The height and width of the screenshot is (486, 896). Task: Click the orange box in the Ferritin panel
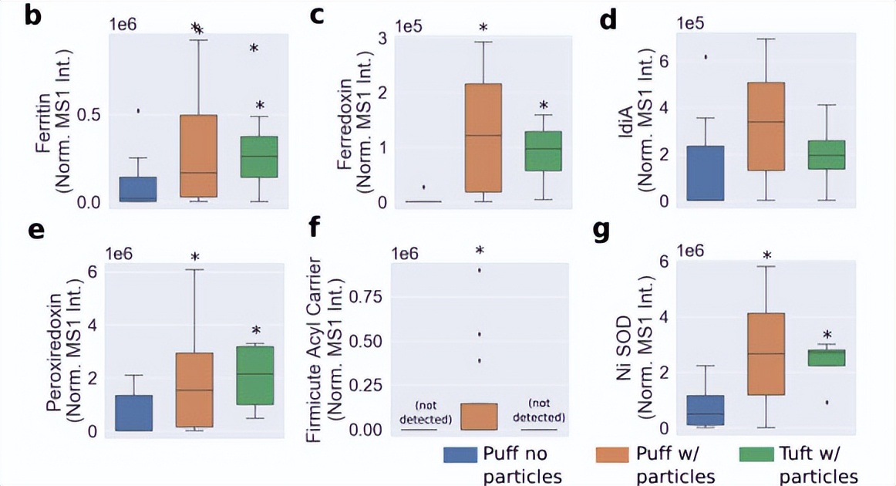(198, 156)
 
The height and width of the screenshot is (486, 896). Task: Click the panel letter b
(33, 15)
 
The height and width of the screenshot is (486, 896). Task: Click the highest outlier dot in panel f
(479, 270)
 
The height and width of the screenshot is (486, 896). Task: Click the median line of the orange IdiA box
(766, 122)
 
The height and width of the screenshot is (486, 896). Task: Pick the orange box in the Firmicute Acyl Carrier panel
(479, 416)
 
